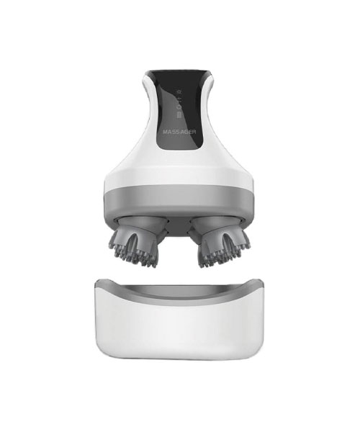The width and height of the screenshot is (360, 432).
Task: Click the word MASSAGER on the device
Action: coord(179,132)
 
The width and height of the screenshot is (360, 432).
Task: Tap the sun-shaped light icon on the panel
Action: coord(179,91)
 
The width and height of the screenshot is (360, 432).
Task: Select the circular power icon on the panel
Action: coord(179,107)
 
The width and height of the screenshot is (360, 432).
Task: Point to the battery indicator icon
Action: coord(179,114)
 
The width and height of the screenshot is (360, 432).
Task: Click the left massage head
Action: coord(136,240)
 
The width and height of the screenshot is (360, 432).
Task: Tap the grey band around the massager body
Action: coord(179,199)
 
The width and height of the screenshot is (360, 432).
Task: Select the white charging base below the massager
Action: coord(179,320)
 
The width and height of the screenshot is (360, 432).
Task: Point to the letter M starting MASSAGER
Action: coord(165,132)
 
